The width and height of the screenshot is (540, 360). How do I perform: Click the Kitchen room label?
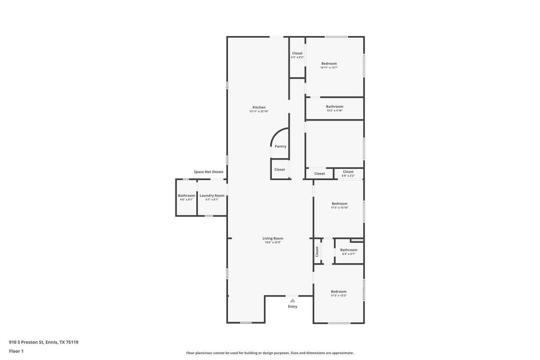pyautogui.click(x=259, y=107)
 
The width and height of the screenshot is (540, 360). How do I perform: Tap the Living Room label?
pyautogui.click(x=273, y=238)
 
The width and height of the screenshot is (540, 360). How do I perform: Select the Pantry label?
pyautogui.click(x=280, y=146)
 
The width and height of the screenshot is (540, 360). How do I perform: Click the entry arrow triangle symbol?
pyautogui.click(x=292, y=300)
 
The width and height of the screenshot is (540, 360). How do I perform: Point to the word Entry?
pyautogui.click(x=292, y=306)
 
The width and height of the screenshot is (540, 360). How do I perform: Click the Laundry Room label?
pyautogui.click(x=212, y=196)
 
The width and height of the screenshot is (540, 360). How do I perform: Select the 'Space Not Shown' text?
pyautogui.click(x=208, y=172)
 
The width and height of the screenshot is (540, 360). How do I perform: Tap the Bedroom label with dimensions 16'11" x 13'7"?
pyautogui.click(x=329, y=63)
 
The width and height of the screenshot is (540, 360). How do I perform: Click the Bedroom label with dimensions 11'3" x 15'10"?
pyautogui.click(x=339, y=204)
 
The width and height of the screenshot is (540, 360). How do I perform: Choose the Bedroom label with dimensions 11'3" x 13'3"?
pyautogui.click(x=338, y=292)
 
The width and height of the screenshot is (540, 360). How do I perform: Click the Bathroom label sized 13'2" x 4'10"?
pyautogui.click(x=334, y=107)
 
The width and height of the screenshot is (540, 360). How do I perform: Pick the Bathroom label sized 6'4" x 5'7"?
pyautogui.click(x=348, y=250)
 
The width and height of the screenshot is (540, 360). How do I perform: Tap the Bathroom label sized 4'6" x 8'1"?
pyautogui.click(x=186, y=196)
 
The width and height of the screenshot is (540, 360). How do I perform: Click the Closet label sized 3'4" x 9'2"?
pyautogui.click(x=297, y=54)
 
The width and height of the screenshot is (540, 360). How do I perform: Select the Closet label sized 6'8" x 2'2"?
pyautogui.click(x=348, y=172)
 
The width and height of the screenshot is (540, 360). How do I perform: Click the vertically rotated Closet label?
pyautogui.click(x=317, y=252)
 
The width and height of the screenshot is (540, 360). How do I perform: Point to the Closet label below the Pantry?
pyautogui.click(x=279, y=170)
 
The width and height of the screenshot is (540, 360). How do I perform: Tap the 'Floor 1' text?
pyautogui.click(x=16, y=351)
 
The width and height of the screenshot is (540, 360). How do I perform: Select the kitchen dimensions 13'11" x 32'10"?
pyautogui.click(x=259, y=111)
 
